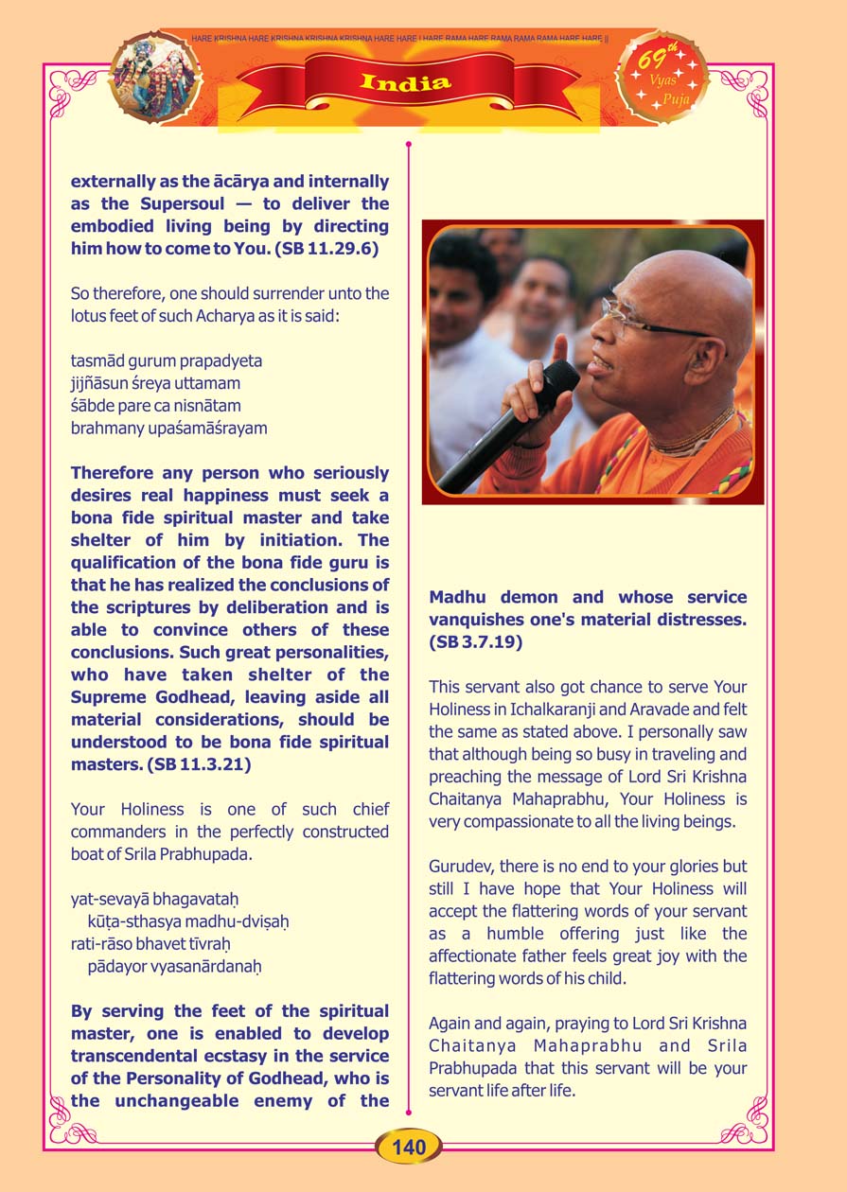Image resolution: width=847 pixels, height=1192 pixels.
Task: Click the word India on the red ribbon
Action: point(406,82)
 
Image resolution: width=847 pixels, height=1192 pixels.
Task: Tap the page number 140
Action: point(409,1148)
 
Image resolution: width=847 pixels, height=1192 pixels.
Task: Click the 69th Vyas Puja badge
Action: point(662,78)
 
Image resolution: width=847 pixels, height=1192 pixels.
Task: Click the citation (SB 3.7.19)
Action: point(475,641)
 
